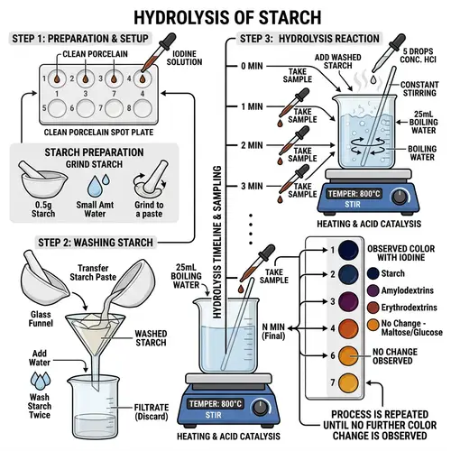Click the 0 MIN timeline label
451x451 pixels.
(253, 67)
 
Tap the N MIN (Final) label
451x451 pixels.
(277, 330)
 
